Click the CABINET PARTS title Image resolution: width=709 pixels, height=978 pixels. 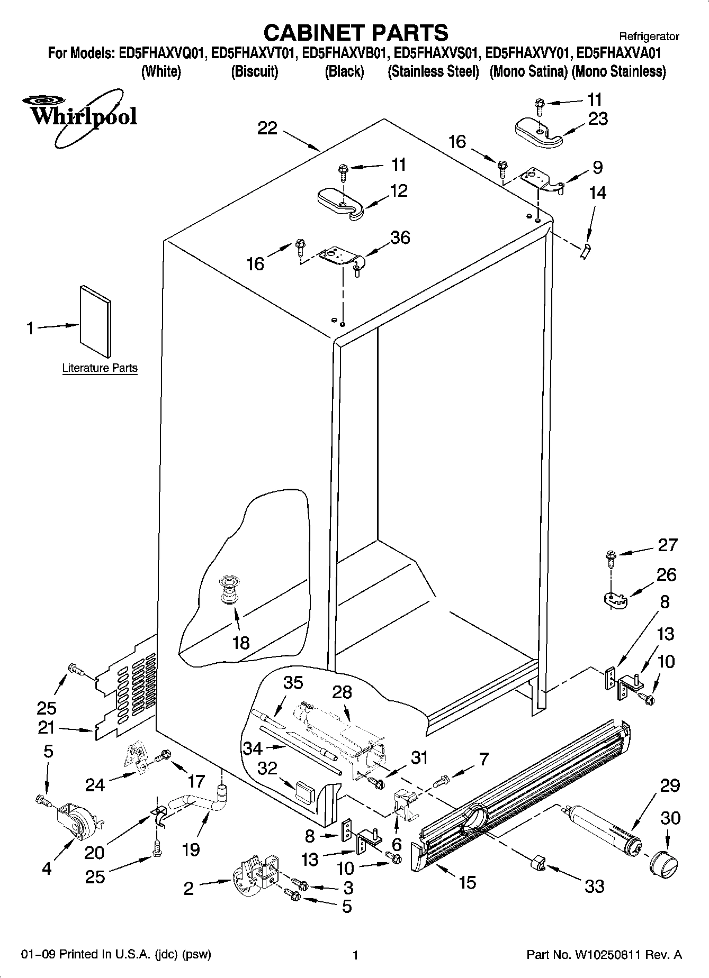pyautogui.click(x=355, y=33)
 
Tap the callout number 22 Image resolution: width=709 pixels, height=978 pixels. pyautogui.click(x=267, y=128)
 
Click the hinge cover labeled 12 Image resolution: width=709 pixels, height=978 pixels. pyautogui.click(x=340, y=204)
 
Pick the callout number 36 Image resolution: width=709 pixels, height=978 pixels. pyautogui.click(x=400, y=237)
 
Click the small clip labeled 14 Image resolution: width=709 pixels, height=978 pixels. pyautogui.click(x=585, y=252)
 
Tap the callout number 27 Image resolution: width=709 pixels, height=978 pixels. pyautogui.click(x=667, y=545)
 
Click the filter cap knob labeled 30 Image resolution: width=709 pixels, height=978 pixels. pyautogui.click(x=665, y=864)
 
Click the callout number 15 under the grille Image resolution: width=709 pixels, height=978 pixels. pyautogui.click(x=467, y=882)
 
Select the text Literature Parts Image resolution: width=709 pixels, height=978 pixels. pyautogui.click(x=100, y=368)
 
